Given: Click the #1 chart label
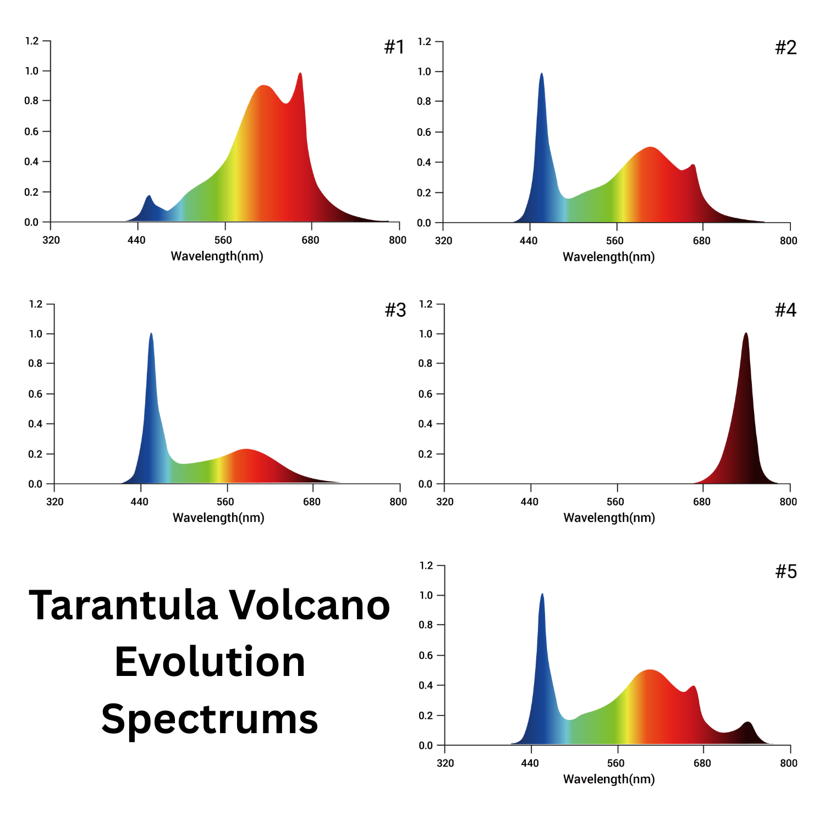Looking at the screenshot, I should (394, 47).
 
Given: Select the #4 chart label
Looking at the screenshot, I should (785, 310).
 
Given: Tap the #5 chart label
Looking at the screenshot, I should (785, 572).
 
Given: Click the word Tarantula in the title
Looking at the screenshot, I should (124, 606).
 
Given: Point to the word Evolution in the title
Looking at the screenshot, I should (210, 662).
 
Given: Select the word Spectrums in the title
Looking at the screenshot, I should (210, 720).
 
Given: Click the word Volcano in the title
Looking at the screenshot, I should (309, 606).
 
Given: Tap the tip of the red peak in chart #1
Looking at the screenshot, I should (300, 74).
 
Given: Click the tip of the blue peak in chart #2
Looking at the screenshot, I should (542, 74).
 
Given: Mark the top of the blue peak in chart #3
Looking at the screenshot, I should (151, 334).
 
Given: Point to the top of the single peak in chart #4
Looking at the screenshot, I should (746, 333).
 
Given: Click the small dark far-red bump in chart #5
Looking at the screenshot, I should (747, 723).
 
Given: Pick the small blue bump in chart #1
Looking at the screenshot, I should (148, 196).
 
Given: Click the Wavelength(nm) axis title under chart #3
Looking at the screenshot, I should (218, 518).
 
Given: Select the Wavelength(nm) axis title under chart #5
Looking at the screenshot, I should (609, 779).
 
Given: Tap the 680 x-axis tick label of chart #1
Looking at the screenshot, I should (310, 240).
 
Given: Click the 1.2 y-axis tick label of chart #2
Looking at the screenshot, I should (424, 41).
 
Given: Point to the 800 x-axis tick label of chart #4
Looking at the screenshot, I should (788, 502).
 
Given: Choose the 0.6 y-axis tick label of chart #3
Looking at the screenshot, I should (35, 394).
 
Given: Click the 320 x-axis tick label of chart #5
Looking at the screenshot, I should (445, 763).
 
